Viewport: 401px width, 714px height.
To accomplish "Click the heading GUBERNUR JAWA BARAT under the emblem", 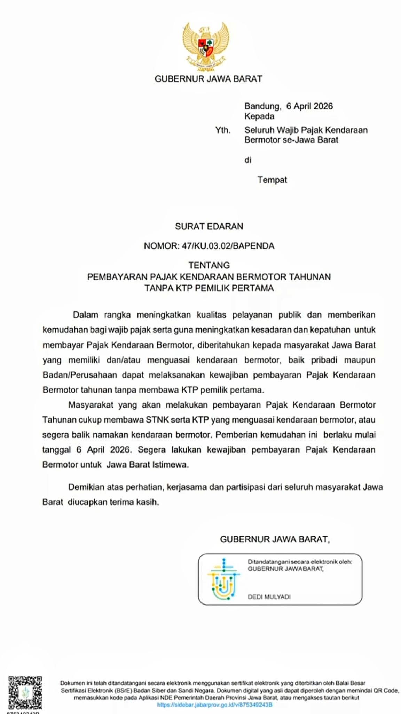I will [x=208, y=79].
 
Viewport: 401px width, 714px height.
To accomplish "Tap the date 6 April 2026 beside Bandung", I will [x=309, y=106].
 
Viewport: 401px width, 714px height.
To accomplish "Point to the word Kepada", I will [x=259, y=116].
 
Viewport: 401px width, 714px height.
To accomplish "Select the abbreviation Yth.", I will [x=223, y=130].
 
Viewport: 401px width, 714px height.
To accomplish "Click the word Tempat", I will [x=272, y=180].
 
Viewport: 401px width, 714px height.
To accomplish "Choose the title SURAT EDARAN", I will [x=209, y=226].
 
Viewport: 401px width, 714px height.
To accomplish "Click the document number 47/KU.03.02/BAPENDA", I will [x=228, y=246].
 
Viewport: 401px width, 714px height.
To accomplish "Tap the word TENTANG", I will [x=209, y=265].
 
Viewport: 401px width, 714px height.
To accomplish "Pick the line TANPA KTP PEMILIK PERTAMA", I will [x=209, y=288].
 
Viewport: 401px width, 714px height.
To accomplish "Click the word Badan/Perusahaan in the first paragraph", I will [x=79, y=375].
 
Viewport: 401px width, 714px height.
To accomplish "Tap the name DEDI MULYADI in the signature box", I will [x=269, y=597].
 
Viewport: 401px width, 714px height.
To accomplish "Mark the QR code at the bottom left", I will [x=25, y=693].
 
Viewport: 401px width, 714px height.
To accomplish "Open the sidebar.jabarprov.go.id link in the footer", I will [x=214, y=705].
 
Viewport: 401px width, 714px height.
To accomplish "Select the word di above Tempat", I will [x=247, y=160].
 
